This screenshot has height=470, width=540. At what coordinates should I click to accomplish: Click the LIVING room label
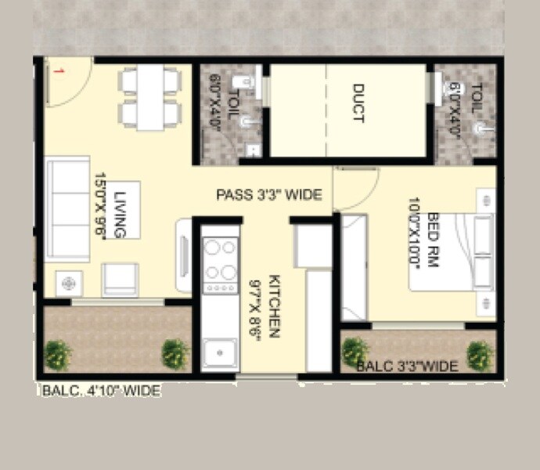click(120, 214)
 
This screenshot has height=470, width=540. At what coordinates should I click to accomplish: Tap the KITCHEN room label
click(274, 305)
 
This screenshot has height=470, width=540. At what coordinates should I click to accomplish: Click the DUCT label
click(358, 104)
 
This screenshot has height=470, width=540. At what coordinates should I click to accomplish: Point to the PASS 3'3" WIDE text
click(269, 194)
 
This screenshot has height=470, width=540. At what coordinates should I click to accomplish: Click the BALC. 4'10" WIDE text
click(101, 389)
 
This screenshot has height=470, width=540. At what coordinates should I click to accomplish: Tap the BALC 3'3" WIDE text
click(407, 365)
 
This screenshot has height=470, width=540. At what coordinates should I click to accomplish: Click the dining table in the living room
click(150, 97)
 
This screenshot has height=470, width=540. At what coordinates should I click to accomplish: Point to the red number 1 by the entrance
click(58, 71)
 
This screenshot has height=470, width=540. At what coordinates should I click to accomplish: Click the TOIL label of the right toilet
click(478, 101)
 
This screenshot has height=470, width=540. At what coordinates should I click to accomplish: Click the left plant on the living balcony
click(59, 355)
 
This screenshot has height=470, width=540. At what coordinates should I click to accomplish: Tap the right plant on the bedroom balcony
click(480, 355)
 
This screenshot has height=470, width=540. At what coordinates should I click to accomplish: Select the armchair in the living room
click(121, 278)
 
